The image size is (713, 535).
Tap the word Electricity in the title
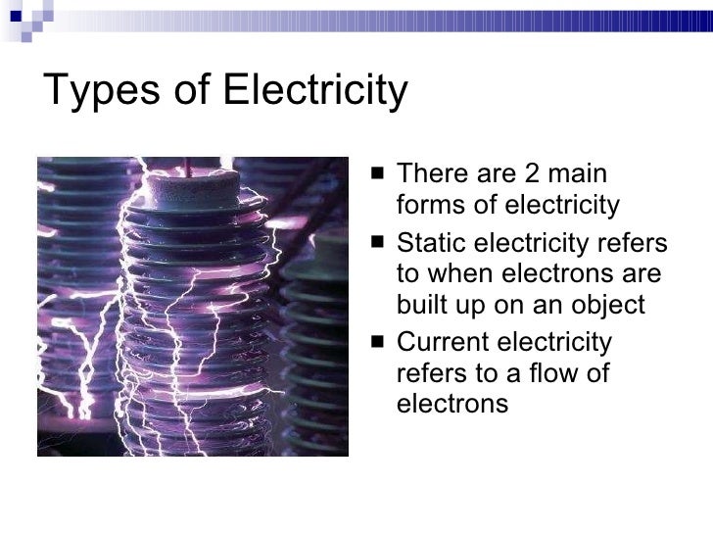pos(315,93)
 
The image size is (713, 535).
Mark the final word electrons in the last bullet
pos(452,403)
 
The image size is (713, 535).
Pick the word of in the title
pos(196,93)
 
